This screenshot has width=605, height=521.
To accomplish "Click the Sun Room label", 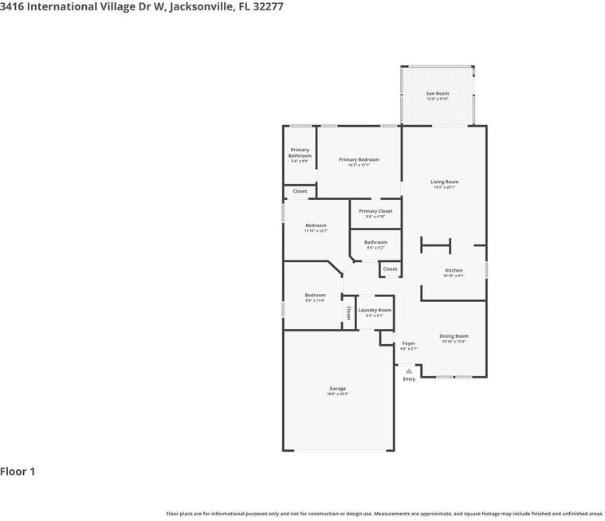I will coord(437,93).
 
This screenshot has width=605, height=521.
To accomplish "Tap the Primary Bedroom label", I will coord(359,159).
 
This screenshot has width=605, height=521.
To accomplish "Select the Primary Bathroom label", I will coord(300,152).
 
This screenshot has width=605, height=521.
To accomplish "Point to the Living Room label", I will coord(445,182).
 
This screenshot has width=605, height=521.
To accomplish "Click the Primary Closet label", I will coord(375,211).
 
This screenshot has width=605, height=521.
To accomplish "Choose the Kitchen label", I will coord(454,270).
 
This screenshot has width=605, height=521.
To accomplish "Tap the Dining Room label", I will coord(454,336).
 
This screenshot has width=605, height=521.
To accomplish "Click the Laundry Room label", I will coord(375,310).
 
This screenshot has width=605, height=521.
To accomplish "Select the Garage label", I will coord(337,389).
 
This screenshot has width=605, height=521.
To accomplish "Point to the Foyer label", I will coord(408,343).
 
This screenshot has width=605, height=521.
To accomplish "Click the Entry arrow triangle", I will coord(409,370).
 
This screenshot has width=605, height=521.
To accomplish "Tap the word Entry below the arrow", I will coord(409,379).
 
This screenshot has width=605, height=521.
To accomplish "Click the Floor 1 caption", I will coord(18,472).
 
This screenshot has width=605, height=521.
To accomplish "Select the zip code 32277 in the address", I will coord(267,6).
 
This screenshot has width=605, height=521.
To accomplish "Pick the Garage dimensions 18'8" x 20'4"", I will coord(337,394).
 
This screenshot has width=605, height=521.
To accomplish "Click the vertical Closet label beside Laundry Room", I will coord(348,313).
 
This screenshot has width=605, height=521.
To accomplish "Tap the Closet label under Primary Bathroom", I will coord(300,191).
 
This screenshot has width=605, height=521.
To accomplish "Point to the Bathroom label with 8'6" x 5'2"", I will coord(375,242).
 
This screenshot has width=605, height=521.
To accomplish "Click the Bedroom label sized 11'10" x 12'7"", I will coord(316,225).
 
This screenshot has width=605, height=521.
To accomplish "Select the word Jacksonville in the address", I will coord(202,6).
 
